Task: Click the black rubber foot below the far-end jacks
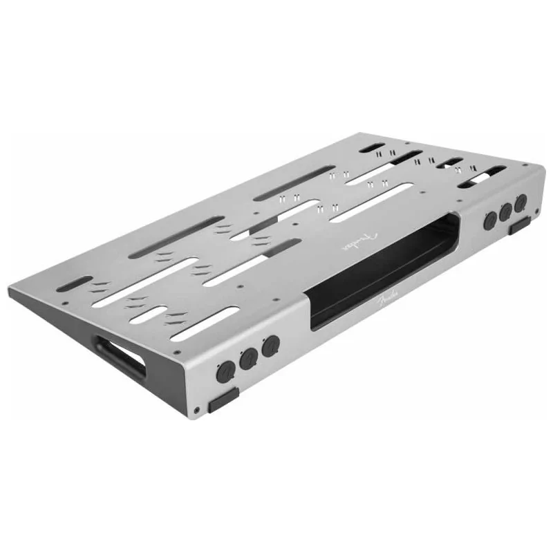(x=521, y=225)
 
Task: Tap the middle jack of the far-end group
(x=507, y=212)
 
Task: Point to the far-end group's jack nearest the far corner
(x=521, y=203)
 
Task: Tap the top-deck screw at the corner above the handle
(x=65, y=303)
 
